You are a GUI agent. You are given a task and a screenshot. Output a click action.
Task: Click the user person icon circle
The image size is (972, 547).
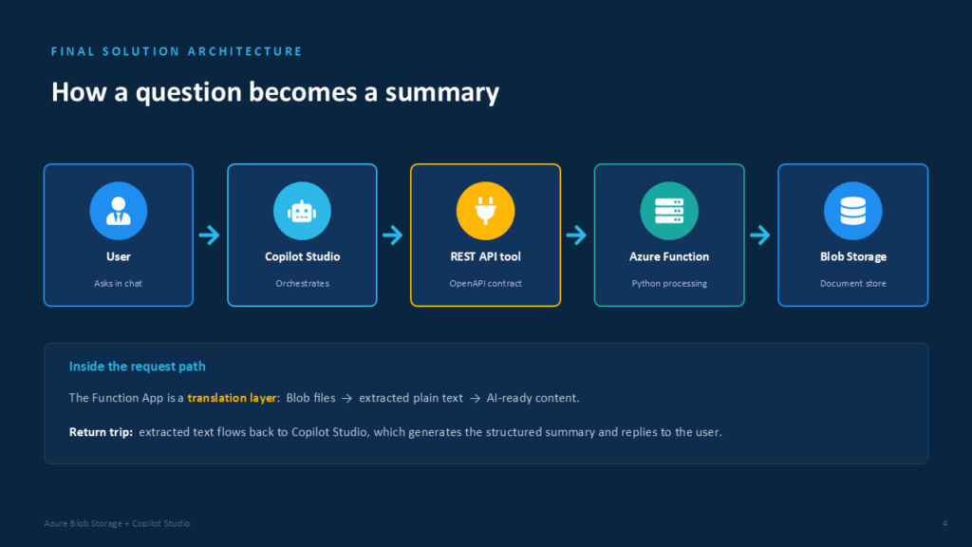point(119,211)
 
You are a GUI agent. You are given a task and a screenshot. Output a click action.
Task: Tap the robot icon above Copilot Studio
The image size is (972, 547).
point(302,211)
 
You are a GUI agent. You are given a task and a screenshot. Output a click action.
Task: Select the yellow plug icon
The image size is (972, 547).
point(485,211)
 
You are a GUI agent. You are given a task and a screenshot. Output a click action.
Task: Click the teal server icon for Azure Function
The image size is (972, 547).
point(669,211)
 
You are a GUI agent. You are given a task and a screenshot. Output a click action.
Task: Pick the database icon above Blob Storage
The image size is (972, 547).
point(853,211)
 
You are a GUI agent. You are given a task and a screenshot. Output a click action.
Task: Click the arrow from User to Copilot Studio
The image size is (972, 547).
point(210,236)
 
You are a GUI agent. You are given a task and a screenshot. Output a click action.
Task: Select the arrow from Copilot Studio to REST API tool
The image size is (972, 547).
point(393,236)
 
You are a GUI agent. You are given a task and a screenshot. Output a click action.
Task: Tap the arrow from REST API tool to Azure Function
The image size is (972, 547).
point(576,236)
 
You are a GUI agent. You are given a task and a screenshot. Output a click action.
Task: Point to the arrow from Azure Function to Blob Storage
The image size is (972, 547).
point(760,236)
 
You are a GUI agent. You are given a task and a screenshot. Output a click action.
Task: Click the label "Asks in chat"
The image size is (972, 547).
point(118,283)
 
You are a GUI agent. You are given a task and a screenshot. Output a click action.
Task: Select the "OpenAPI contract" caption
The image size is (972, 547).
point(485,283)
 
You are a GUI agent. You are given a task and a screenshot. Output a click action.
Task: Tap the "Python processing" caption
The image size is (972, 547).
point(669,283)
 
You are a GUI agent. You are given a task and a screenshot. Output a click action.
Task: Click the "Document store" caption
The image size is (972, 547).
point(853,283)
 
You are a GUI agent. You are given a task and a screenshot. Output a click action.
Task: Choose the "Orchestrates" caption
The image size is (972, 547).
point(302,283)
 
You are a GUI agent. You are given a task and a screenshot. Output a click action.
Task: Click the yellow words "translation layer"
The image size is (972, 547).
point(232,398)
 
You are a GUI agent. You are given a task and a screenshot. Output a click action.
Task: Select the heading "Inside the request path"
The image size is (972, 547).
point(137,367)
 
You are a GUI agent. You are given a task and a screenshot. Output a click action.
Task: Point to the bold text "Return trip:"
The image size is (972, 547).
point(101,432)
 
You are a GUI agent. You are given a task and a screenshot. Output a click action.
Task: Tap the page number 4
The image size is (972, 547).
point(944,523)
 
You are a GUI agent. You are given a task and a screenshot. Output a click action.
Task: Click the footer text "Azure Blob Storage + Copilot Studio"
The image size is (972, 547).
point(117,523)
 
